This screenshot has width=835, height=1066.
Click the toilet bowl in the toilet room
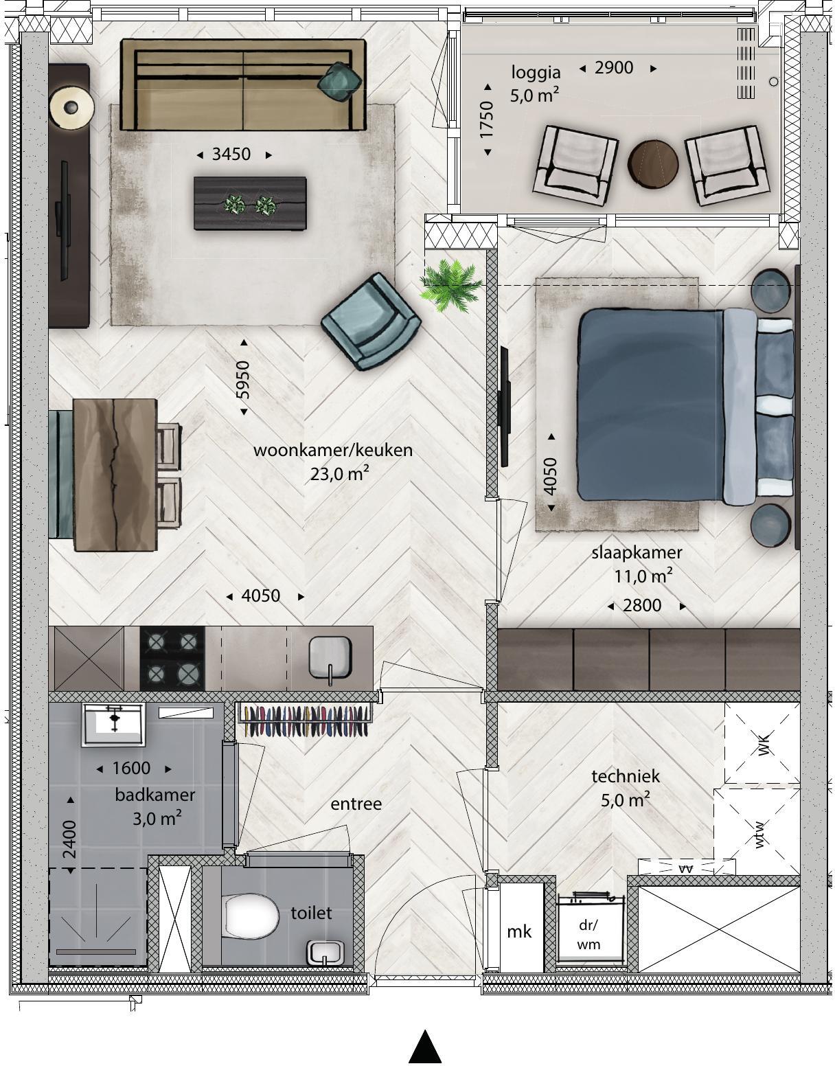[x=250, y=916]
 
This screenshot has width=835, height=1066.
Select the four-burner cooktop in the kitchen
[x=172, y=658]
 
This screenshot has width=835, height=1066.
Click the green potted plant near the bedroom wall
[x=450, y=286]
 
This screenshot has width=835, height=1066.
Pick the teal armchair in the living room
[x=371, y=322]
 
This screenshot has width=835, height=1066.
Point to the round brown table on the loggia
[x=653, y=164]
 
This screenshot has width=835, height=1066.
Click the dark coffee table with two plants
[x=250, y=203]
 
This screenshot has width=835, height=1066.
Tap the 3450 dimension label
[x=231, y=155]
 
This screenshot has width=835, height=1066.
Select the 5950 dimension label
[x=243, y=380]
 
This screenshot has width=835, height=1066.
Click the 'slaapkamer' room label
[x=637, y=552]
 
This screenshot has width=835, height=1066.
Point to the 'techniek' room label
[x=626, y=776]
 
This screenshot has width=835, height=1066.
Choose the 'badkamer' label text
[x=155, y=794]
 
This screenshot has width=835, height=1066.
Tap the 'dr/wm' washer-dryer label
[x=589, y=934]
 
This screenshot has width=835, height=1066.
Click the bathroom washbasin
[x=114, y=725]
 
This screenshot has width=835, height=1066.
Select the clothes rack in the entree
[x=304, y=720]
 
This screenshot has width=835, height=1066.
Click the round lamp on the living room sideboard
[x=71, y=107]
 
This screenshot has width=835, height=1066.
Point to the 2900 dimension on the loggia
[x=614, y=68]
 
